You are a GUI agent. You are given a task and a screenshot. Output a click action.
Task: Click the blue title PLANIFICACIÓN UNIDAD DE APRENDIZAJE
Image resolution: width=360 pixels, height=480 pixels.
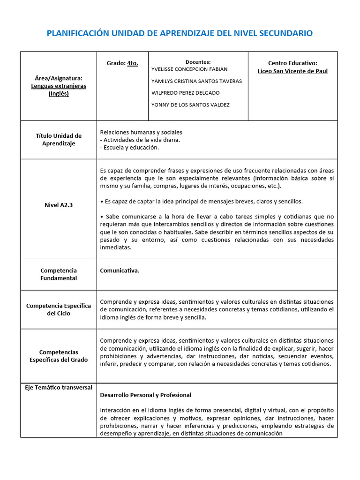point(180,33)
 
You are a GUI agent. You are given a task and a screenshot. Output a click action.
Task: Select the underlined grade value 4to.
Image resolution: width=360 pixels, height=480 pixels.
point(133,63)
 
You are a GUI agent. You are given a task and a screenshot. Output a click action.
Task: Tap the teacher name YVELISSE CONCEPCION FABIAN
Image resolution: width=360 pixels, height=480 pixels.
point(189,69)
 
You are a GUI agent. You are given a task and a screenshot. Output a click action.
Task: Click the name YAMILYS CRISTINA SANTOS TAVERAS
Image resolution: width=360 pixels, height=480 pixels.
point(196,81)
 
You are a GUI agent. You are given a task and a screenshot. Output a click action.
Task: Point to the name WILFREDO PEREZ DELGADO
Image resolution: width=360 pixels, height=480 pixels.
point(186,93)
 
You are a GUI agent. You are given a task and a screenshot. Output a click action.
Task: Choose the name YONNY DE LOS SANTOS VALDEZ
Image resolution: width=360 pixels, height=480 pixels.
point(190,105)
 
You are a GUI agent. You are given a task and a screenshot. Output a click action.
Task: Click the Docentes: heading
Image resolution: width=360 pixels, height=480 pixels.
point(198,62)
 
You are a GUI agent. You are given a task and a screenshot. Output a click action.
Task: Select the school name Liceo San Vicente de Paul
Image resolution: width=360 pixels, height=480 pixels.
point(292,71)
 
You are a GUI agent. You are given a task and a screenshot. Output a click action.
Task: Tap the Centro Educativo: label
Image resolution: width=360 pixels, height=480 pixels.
point(292,63)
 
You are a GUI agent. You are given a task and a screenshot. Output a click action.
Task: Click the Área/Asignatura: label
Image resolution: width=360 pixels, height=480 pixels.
point(59,78)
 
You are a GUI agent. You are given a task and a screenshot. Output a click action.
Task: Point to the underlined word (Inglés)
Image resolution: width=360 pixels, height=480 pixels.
point(59,93)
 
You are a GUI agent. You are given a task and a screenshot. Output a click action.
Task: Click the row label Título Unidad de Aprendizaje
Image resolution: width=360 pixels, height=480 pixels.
point(59,140)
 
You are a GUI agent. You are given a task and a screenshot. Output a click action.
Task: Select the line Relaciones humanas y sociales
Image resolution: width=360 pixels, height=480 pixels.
point(141,132)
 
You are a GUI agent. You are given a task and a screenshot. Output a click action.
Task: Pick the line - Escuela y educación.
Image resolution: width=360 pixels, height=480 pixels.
point(130,148)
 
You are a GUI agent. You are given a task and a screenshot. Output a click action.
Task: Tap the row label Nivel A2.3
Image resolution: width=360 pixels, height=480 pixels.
point(59,205)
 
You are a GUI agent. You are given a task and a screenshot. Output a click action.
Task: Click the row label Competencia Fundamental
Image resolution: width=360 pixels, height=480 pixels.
point(59,274)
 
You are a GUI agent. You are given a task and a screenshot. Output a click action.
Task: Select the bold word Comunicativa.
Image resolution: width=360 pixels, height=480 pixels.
point(120,270)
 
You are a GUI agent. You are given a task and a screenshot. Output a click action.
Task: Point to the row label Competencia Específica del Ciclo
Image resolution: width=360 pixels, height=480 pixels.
point(59,309)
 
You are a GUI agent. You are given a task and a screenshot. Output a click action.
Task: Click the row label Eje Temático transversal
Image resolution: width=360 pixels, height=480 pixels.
point(59,388)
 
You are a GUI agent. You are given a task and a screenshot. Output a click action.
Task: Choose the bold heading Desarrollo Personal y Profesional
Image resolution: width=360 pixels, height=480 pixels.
point(146,395)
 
